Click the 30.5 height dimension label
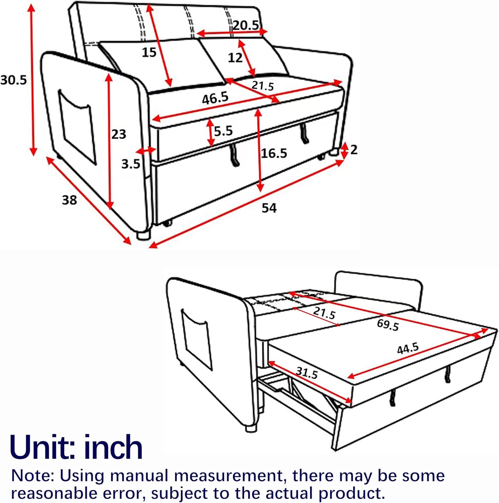[13, 80]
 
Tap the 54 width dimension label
[269, 208]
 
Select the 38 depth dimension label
[69, 200]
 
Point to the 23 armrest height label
[119, 134]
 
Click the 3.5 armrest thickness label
[131, 164]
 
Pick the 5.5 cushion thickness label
[223, 131]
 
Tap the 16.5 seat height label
[274, 154]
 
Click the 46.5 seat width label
[215, 98]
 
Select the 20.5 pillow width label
[246, 25]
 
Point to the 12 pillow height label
[235, 58]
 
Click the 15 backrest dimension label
[149, 52]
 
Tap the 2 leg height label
[354, 150]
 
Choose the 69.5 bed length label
[388, 325]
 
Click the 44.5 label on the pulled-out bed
[408, 349]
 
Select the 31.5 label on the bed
[307, 372]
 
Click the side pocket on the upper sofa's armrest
[77, 127]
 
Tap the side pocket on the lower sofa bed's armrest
[197, 339]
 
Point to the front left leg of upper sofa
[143, 234]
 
